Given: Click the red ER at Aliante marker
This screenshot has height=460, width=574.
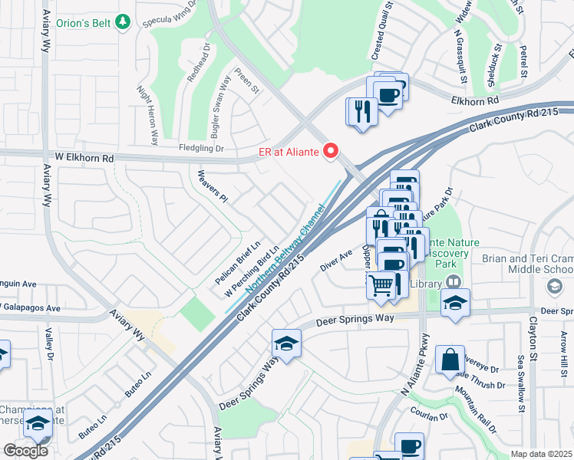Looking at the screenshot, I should (x=332, y=151).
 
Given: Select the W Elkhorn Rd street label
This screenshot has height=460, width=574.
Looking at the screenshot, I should (x=84, y=158).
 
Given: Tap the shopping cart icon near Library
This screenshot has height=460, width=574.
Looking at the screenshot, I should (x=381, y=286).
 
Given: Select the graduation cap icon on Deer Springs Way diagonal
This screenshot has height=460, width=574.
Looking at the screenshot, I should (x=286, y=342).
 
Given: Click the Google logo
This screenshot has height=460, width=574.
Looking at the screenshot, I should (x=25, y=451).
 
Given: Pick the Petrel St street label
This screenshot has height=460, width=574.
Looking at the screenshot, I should (x=524, y=63).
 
